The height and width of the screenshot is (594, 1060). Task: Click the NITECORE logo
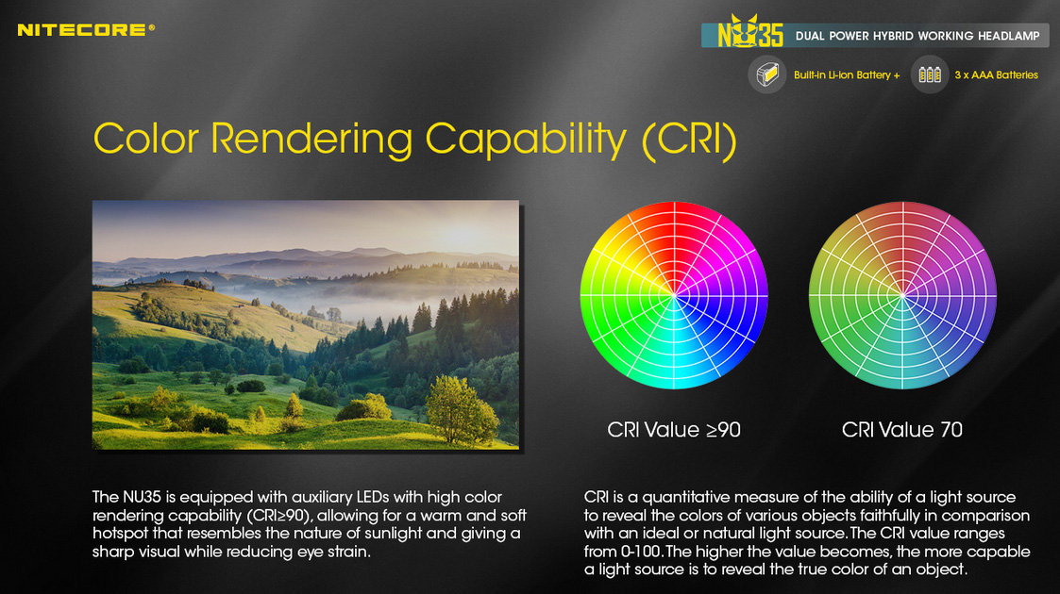coord(86,30)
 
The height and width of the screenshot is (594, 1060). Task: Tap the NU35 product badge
coord(750,32)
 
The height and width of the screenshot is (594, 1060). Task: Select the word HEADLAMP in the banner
coord(1009,36)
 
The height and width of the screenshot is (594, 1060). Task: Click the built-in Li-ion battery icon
coord(767,74)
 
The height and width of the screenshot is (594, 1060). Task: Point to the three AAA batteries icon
coord(930,74)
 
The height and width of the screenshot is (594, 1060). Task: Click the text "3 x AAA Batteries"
coord(997,74)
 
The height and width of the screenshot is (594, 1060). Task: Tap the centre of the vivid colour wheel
coord(674,295)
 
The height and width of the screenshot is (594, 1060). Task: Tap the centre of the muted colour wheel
coord(902,295)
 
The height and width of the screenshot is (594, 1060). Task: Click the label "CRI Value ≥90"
coord(674,430)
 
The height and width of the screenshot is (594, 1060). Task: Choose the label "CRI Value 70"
coord(902,430)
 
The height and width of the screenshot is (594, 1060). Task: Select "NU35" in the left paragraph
coord(142,498)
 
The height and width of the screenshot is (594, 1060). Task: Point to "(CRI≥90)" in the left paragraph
coord(278,516)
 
